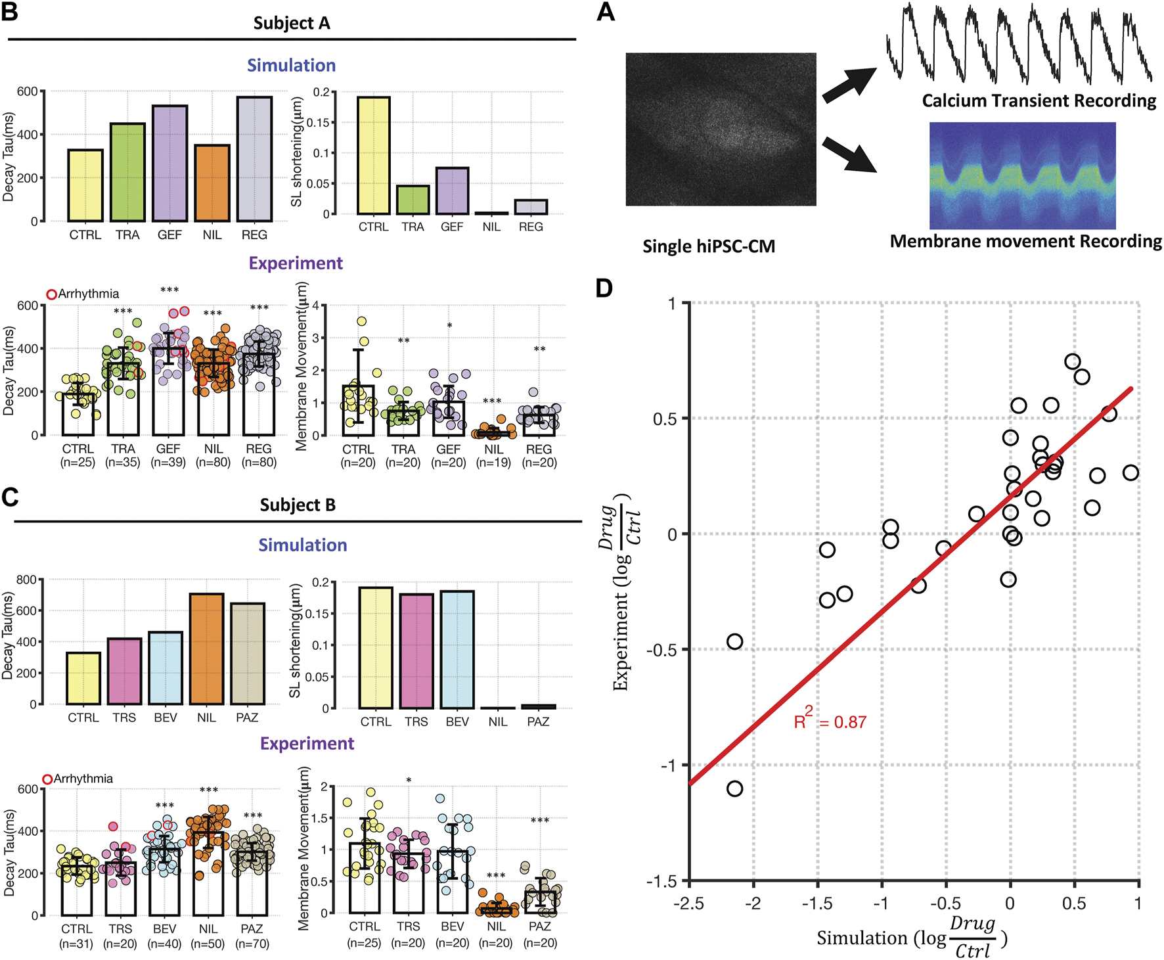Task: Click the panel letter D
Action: [x=604, y=288]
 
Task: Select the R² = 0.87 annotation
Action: [x=830, y=721]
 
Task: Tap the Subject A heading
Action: [x=292, y=24]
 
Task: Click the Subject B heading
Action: [x=298, y=505]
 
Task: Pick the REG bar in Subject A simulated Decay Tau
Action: [x=255, y=159]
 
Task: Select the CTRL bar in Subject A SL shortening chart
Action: [x=373, y=156]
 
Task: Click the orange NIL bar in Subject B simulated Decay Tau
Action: [x=206, y=649]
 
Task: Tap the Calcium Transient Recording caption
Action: [x=1039, y=101]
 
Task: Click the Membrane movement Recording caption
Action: [x=1025, y=241]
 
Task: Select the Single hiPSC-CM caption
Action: [x=709, y=246]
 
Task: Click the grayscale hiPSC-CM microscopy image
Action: [x=721, y=129]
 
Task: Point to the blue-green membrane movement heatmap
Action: [x=1022, y=175]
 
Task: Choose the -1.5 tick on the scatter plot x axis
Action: [x=817, y=904]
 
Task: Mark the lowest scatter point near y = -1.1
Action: [x=734, y=789]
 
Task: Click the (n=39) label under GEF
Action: [x=168, y=463]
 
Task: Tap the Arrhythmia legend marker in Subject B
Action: [x=47, y=779]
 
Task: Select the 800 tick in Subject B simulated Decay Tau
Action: [x=26, y=580]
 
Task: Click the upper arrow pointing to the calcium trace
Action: [x=849, y=85]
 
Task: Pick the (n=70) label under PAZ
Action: [x=252, y=944]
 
